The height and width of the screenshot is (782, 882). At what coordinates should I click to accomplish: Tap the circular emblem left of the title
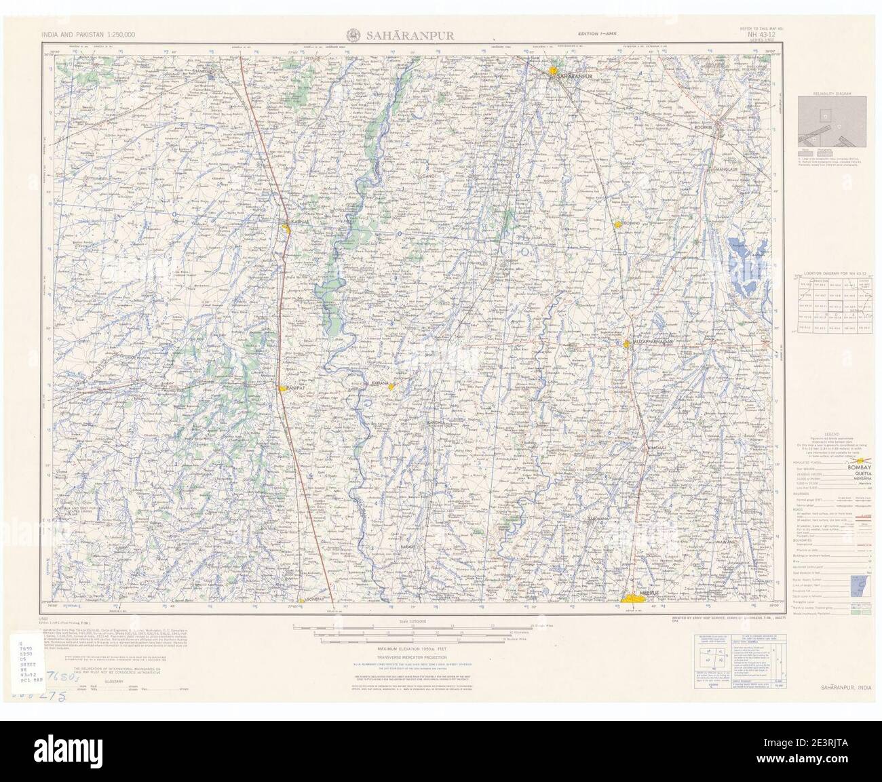(353, 35)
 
